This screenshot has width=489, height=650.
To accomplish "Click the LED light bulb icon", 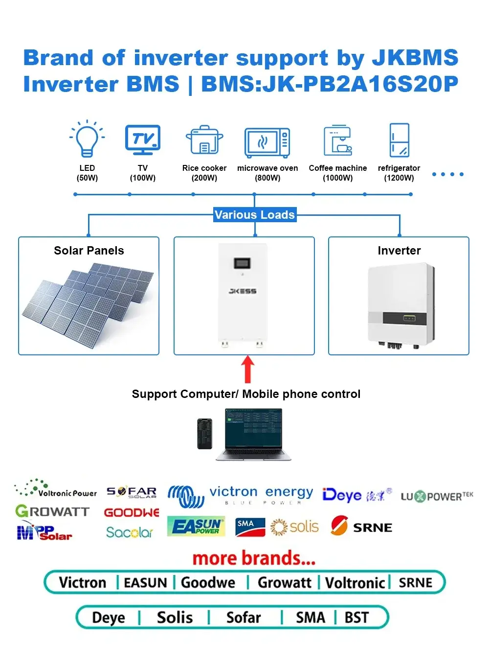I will [87, 139].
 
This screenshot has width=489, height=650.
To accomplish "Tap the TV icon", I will [142, 139].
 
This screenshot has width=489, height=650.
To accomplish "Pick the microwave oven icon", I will [267, 142].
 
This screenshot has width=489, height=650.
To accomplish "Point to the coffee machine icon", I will [337, 140].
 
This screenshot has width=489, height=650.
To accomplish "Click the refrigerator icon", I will [399, 140].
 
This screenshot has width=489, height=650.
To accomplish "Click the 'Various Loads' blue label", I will [254, 215].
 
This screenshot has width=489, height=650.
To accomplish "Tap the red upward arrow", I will [248, 369].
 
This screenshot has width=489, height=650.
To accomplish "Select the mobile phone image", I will [204, 434].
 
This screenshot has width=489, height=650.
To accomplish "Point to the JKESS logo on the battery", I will [243, 291].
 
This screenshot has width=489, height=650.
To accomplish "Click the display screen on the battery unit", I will [243, 264].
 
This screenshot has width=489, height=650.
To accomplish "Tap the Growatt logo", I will [52, 512].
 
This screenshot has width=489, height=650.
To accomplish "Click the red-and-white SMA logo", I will [250, 527].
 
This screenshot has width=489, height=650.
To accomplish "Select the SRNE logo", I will [362, 527].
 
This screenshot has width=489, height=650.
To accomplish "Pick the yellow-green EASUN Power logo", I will [196, 526].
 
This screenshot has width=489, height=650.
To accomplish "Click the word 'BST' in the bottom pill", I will [356, 618].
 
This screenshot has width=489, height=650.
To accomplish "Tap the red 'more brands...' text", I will [254, 558].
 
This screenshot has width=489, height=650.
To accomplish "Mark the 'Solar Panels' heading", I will [89, 251].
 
